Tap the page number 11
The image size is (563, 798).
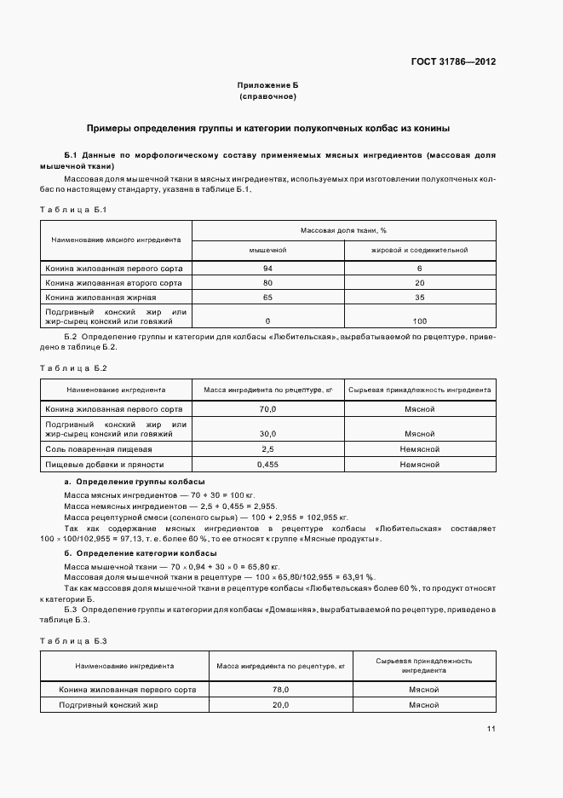click(x=491, y=729)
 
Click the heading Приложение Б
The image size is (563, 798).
click(x=267, y=86)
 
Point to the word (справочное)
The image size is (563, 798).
click(x=267, y=97)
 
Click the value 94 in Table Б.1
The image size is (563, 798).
click(x=267, y=268)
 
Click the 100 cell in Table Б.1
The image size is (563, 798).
click(x=419, y=321)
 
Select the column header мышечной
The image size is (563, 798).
click(x=267, y=251)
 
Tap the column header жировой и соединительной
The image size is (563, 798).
click(x=419, y=251)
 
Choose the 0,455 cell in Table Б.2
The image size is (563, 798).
click(x=267, y=465)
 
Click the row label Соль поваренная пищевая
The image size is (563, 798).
click(x=99, y=448)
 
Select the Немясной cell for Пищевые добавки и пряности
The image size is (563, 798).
click(x=419, y=465)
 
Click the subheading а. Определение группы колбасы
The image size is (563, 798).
click(x=118, y=483)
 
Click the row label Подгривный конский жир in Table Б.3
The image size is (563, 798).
click(x=108, y=705)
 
